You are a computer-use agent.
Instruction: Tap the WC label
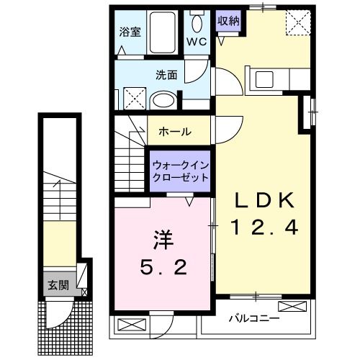pyautogui.click(x=197, y=42)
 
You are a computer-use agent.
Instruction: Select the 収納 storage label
pyautogui.click(x=228, y=21)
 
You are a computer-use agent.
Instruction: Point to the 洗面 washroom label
pyautogui.click(x=166, y=74)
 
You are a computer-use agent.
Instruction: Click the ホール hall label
pyautogui.click(x=175, y=131)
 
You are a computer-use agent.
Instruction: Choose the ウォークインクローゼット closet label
pyautogui.click(x=180, y=171)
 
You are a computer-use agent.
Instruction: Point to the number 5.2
pyautogui.click(x=163, y=268)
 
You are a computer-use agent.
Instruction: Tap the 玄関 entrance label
pyautogui.click(x=58, y=284)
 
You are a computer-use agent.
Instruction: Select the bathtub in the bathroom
pyautogui.click(x=165, y=32)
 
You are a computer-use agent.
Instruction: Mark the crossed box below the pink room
pyautogui.click(x=127, y=324)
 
